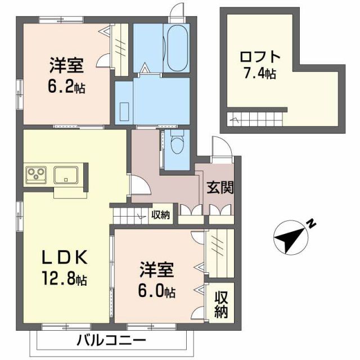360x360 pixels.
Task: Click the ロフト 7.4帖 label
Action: point(258,65)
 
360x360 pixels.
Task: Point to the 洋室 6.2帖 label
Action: point(66,76)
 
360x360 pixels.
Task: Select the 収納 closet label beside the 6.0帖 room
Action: point(220,304)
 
